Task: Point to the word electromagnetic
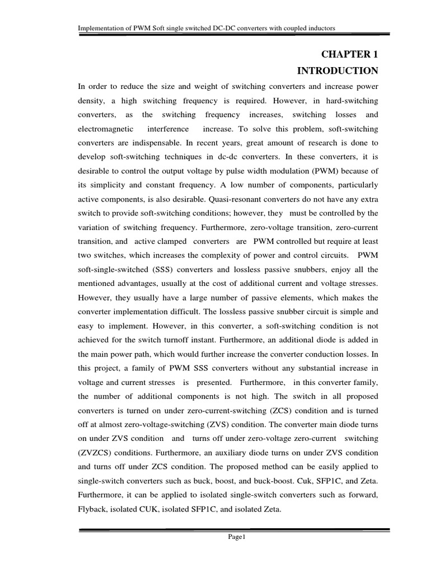click(104, 129)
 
